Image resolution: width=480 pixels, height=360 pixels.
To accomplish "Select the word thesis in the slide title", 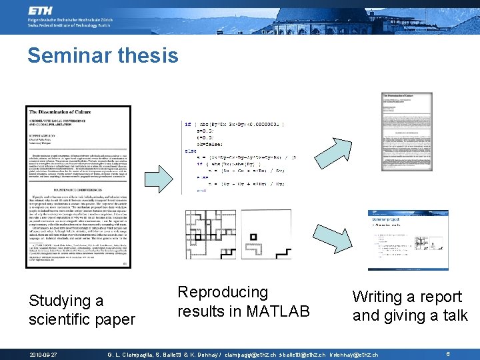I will [x=152, y=55].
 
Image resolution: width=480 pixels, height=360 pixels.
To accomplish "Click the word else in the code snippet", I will [x=191, y=151].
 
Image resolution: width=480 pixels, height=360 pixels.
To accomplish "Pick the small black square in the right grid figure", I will [x=253, y=236].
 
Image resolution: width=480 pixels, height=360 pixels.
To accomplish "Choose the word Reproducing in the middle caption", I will [x=222, y=292].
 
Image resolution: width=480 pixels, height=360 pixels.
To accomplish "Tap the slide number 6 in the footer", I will [x=448, y=354].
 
